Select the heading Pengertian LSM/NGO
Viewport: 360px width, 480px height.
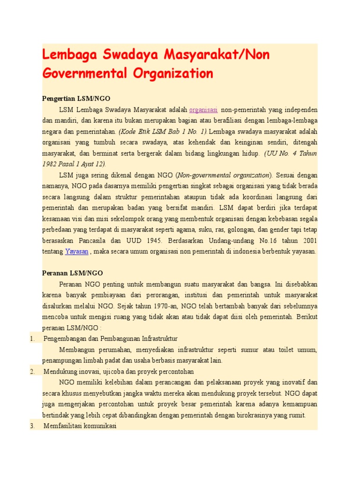(x=76, y=99)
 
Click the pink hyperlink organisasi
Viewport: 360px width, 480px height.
(x=203, y=110)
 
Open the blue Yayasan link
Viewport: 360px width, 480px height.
(x=76, y=251)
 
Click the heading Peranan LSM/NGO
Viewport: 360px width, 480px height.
(x=72, y=273)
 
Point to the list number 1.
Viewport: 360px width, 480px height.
(x=32, y=338)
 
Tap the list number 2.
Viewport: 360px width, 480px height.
(x=32, y=371)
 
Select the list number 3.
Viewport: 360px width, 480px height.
(x=32, y=426)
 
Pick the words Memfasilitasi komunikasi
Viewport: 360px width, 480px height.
(x=80, y=426)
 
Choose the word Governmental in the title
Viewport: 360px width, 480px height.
(x=84, y=73)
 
